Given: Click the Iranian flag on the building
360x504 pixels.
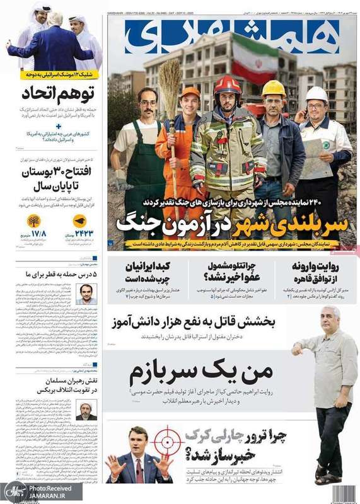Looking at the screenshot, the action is pos(256,57).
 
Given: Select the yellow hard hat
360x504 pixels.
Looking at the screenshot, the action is pos(274,88).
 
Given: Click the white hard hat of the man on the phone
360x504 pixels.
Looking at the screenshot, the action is pos(316,94).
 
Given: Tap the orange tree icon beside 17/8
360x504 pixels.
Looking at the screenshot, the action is pos(33,221).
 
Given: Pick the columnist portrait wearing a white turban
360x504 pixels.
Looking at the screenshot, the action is pos(86,410).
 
